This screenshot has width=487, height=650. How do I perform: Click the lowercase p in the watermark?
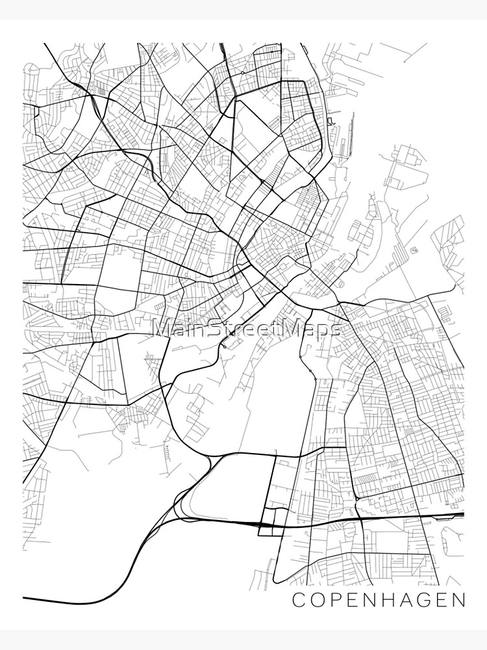[324, 330]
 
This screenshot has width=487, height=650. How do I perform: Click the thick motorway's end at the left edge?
[24, 597]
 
